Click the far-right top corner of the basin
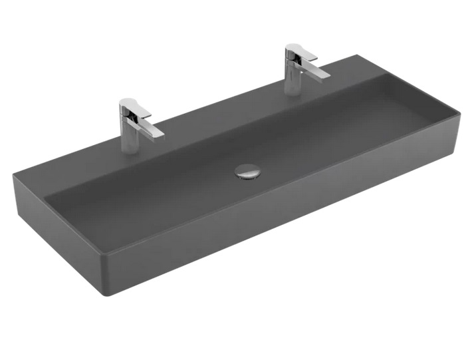tap(459, 115)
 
